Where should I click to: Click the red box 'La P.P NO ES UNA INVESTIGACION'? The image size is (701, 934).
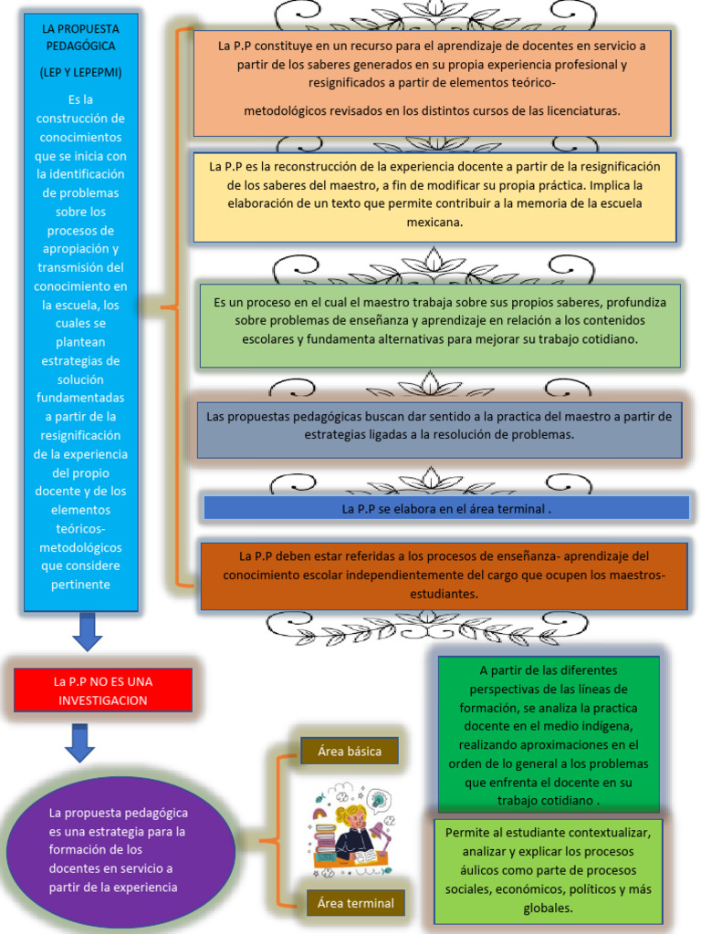click(x=102, y=690)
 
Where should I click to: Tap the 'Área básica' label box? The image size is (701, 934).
click(x=350, y=752)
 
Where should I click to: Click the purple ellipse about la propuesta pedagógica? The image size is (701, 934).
click(x=120, y=849)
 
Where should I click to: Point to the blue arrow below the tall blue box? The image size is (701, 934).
click(x=88, y=631)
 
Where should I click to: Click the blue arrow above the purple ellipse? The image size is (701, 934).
click(x=80, y=742)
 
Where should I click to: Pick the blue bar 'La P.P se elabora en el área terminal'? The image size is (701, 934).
click(x=445, y=508)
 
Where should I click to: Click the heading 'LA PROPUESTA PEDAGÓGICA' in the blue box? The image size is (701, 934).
click(x=80, y=37)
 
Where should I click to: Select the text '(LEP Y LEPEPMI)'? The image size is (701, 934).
click(x=80, y=72)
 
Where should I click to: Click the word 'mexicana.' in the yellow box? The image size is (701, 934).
click(x=434, y=222)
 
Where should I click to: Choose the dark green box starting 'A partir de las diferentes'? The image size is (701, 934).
click(x=548, y=734)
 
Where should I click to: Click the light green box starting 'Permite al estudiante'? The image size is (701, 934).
click(x=548, y=870)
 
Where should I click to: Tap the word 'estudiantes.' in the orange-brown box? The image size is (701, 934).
click(x=445, y=594)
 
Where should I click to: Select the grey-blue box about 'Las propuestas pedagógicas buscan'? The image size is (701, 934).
click(x=439, y=426)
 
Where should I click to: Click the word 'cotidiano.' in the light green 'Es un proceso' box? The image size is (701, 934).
click(x=608, y=338)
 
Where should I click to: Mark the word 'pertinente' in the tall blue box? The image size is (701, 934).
click(x=80, y=585)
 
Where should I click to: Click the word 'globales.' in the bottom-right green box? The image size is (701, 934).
click(x=548, y=908)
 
